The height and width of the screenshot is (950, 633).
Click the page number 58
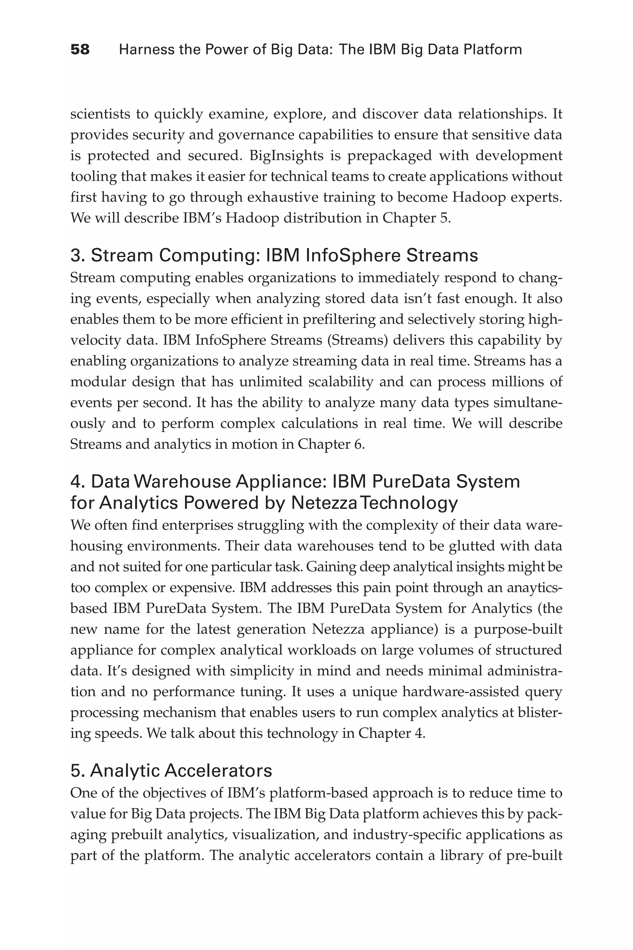click(80, 50)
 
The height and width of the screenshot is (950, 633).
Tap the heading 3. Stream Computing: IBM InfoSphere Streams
click(274, 256)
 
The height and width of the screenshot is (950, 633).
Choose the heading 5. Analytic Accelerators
click(171, 771)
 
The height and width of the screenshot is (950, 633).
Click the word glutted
click(472, 546)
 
